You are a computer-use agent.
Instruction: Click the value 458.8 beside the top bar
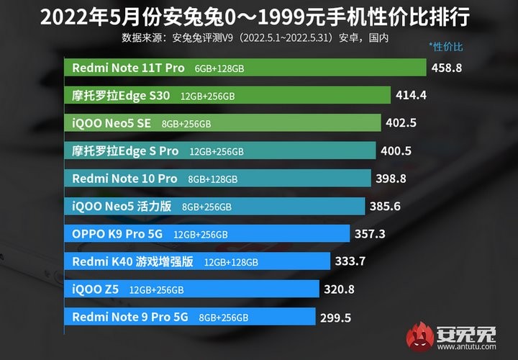[446, 68]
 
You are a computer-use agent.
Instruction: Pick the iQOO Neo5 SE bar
[223, 123]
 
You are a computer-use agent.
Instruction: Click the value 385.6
[385, 207]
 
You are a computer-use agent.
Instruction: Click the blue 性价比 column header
[447, 47]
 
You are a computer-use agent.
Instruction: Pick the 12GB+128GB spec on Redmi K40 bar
[231, 262]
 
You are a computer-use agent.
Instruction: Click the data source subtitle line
[260, 35]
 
